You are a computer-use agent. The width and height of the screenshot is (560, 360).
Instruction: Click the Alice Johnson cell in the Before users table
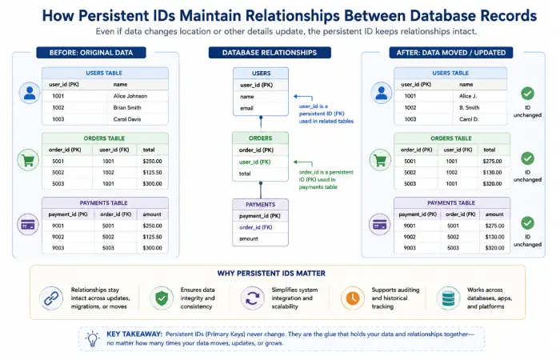pyautogui.click(x=130, y=96)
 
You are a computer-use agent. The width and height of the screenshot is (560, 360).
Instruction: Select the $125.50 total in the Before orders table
pyautogui.click(x=152, y=173)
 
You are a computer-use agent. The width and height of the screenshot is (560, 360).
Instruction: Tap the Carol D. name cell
pyautogui.click(x=469, y=119)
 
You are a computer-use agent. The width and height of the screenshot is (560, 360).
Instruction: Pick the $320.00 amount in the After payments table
pyautogui.click(x=494, y=248)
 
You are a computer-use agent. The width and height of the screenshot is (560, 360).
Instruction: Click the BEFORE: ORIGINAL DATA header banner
pyautogui.click(x=91, y=53)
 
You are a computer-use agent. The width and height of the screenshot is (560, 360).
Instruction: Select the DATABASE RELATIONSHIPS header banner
pyautogui.click(x=270, y=53)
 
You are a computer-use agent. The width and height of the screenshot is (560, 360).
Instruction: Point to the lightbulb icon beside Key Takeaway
pyautogui.click(x=93, y=338)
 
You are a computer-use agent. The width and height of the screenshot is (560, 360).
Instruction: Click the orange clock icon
pyautogui.click(x=353, y=298)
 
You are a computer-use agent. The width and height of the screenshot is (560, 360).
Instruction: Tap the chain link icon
pyautogui.click(x=51, y=298)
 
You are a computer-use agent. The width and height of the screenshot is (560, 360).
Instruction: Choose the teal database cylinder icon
pyautogui.click(x=448, y=298)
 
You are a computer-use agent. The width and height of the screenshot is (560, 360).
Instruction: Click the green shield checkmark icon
pyautogui.click(x=162, y=298)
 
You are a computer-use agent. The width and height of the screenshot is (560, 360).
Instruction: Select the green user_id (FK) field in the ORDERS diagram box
pyautogui.click(x=254, y=162)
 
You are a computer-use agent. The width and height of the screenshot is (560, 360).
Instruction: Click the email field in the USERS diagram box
pyautogui.click(x=246, y=108)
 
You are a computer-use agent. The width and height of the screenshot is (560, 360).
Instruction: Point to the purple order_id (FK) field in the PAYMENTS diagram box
pyautogui.click(x=256, y=227)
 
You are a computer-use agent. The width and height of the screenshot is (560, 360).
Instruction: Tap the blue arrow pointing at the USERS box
pyautogui.click(x=303, y=97)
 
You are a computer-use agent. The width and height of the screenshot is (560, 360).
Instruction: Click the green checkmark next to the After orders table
pyautogui.click(x=527, y=158)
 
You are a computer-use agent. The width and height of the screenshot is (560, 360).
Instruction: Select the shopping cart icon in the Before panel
pyautogui.click(x=28, y=160)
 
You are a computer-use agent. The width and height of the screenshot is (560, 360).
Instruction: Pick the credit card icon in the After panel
pyautogui.click(x=380, y=225)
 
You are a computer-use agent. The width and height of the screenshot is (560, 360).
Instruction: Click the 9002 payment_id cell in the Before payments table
pyautogui.click(x=58, y=237)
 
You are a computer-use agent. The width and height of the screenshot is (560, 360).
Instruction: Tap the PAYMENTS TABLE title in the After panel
pyautogui.click(x=451, y=203)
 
